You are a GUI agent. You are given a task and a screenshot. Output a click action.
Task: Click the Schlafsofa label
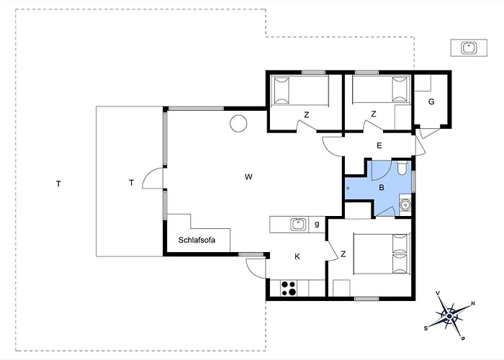(x=197, y=240)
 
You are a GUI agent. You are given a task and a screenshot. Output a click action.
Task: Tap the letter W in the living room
(x=248, y=177)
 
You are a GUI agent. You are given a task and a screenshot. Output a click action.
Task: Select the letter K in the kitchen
(x=297, y=256)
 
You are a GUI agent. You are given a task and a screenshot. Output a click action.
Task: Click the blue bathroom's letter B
(x=382, y=187)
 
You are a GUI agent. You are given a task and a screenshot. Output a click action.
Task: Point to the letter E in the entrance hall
(x=379, y=146)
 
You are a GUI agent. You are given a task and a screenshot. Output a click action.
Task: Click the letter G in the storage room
(x=431, y=102)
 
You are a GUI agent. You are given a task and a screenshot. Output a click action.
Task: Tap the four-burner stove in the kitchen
(x=289, y=288)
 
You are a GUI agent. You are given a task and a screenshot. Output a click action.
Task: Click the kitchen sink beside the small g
(x=299, y=225)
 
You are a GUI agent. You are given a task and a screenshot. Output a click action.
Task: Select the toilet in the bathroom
(x=402, y=168)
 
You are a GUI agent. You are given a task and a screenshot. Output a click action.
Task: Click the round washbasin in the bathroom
(x=405, y=204)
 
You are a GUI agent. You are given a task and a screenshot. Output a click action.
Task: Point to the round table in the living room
(x=238, y=123)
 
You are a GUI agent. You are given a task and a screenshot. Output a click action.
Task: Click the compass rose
(x=450, y=315)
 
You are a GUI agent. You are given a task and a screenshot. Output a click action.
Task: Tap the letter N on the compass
(x=473, y=303)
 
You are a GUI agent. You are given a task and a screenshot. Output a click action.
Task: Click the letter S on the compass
(x=426, y=328)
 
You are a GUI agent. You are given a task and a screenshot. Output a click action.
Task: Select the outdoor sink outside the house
(x=469, y=48)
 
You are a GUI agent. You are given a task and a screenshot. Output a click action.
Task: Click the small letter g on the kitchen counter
(x=317, y=224)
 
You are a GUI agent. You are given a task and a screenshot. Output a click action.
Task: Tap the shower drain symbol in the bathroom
(x=348, y=188)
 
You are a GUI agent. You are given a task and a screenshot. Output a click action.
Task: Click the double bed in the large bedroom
(x=382, y=254)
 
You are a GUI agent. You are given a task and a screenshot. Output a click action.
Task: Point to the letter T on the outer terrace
(x=58, y=184)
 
